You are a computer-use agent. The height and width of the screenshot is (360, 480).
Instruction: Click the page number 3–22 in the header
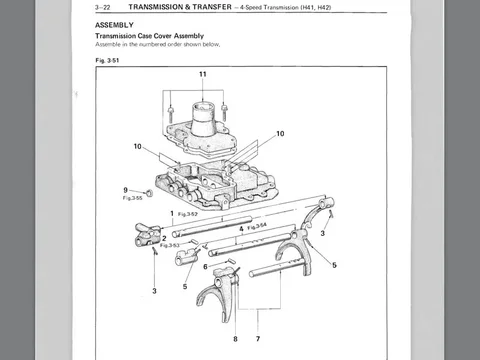(x=102, y=7)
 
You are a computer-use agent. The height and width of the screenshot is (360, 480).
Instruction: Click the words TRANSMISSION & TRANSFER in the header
(x=180, y=7)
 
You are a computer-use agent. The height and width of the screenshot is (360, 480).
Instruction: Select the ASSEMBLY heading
(x=114, y=25)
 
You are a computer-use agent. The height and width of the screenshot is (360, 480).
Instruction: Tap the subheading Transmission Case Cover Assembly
(x=149, y=36)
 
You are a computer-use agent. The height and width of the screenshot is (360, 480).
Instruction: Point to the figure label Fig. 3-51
(x=107, y=60)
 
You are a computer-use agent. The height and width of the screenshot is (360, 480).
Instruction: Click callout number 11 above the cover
(x=203, y=74)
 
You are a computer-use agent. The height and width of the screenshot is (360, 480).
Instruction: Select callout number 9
(x=125, y=190)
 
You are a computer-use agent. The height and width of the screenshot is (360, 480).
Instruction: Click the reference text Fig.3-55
(x=132, y=198)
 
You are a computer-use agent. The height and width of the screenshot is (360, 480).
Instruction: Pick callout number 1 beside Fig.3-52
(x=172, y=213)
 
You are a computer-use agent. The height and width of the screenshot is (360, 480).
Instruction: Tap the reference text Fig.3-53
(x=169, y=245)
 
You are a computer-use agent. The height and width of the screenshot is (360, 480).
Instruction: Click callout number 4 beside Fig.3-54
(x=241, y=229)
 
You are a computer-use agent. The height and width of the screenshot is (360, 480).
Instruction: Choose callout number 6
(x=205, y=266)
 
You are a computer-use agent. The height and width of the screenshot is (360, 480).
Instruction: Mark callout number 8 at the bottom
(x=235, y=339)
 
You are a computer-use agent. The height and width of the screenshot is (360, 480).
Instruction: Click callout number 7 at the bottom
(x=258, y=339)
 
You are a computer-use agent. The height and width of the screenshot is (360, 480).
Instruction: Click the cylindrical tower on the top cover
(x=203, y=118)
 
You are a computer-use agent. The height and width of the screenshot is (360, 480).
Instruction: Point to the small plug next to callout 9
(x=149, y=193)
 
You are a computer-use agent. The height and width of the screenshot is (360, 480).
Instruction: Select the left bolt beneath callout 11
(x=170, y=113)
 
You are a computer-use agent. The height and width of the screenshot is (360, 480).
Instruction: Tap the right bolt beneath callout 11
(x=224, y=113)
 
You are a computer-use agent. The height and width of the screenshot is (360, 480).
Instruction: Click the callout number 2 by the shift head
(x=164, y=239)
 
